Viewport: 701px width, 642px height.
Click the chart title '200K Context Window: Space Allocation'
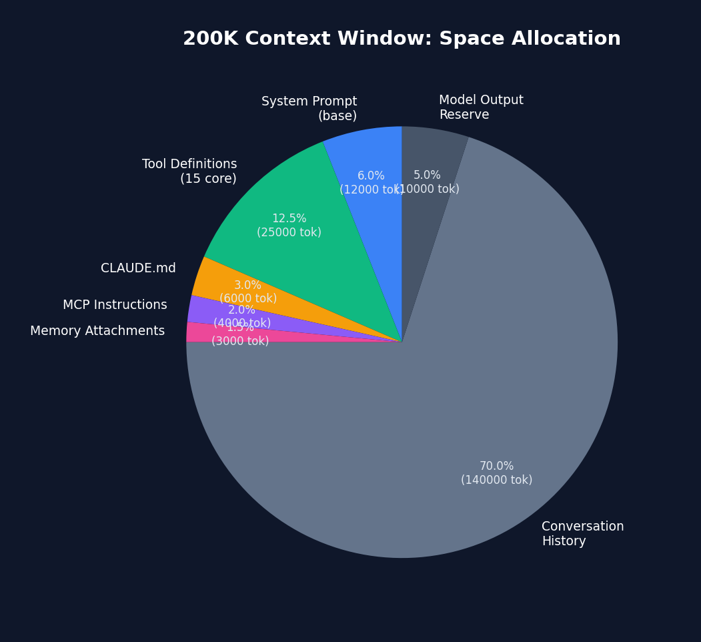tap(402, 39)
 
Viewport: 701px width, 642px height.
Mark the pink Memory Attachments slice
tap(197, 332)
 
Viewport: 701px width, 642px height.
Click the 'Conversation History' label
tap(582, 534)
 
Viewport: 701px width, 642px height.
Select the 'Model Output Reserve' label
tap(481, 107)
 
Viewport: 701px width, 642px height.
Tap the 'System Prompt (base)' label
tap(309, 109)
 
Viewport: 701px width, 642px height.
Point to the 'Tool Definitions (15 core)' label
tap(189, 172)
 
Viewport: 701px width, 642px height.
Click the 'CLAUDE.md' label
tap(138, 268)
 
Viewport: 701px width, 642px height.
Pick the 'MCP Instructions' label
tap(115, 305)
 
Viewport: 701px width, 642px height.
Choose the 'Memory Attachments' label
tap(97, 331)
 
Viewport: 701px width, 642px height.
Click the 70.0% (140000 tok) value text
tap(496, 473)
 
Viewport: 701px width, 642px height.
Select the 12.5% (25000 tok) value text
tap(289, 226)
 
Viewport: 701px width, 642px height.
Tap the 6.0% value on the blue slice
tap(371, 176)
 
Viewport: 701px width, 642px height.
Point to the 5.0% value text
tap(427, 176)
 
